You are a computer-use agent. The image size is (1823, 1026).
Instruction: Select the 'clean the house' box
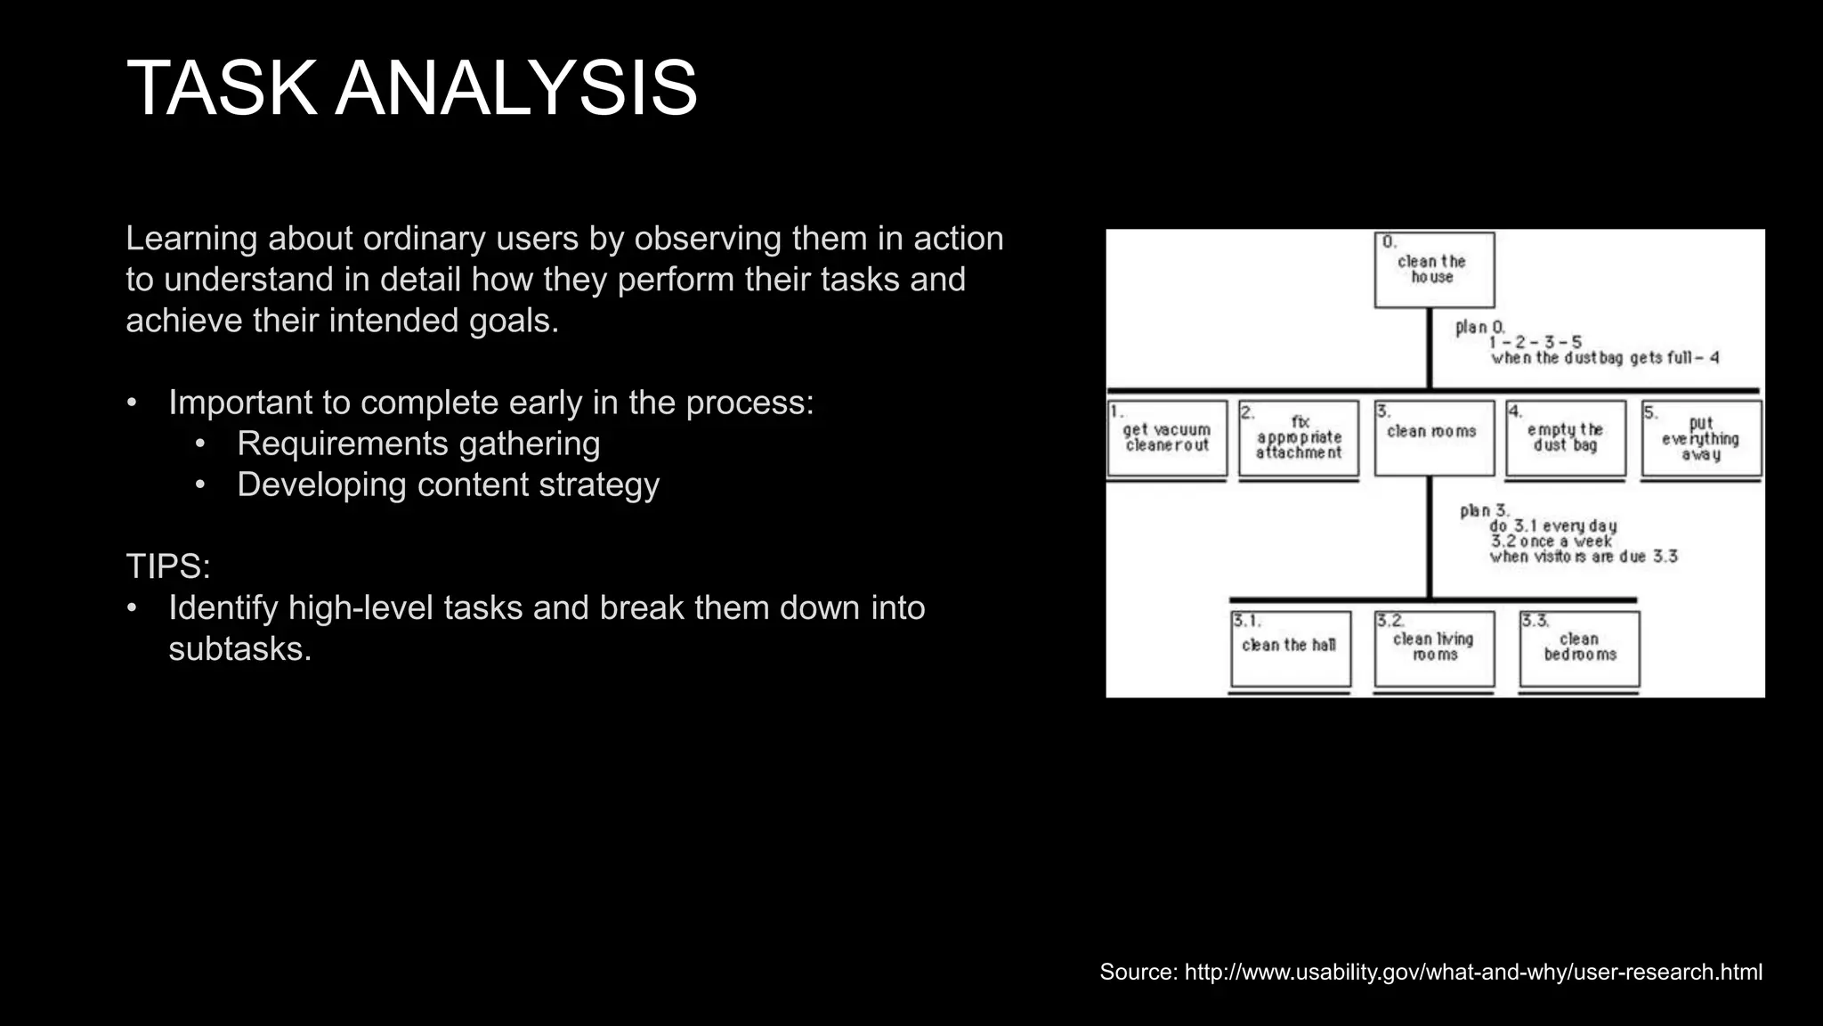1433,270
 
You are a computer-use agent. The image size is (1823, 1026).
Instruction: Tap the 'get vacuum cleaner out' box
1167,437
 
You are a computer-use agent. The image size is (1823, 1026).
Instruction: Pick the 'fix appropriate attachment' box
1299,437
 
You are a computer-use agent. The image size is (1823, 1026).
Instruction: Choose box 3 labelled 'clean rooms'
1433,437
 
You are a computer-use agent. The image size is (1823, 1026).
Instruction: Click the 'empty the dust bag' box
1565,437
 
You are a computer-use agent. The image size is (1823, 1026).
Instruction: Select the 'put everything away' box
1700,437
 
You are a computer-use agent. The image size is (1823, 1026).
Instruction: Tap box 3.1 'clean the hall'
1291,647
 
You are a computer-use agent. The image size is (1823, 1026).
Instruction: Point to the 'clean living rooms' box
1433,647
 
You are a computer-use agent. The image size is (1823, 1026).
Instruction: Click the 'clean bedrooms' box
1579,647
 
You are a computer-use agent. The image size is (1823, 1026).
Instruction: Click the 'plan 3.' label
1484,510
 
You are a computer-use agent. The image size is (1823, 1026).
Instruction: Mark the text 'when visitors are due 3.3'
1584,557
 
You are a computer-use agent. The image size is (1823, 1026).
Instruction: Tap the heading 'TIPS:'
167,566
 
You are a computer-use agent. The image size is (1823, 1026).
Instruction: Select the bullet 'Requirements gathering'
418,444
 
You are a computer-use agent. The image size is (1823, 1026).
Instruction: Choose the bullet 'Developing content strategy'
448,484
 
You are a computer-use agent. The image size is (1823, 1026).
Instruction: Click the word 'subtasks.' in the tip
240,648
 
